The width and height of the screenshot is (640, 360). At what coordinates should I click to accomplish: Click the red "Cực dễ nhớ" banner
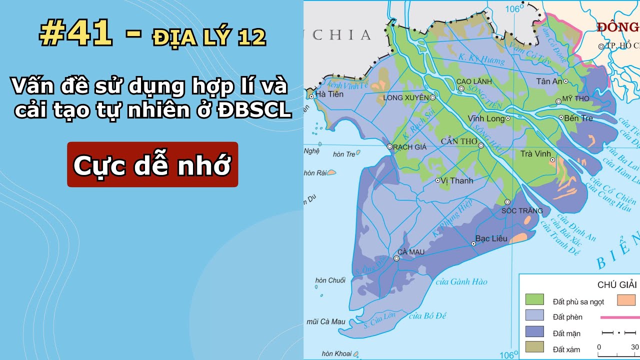[x=152, y=164]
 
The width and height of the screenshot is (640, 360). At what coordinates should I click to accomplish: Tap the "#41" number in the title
[x=75, y=34]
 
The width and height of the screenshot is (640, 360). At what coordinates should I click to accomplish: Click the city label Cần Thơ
[x=459, y=141]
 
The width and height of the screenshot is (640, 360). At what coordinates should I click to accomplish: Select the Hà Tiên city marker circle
[x=311, y=96]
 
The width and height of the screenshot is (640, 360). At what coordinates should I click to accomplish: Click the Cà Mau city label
[x=411, y=252]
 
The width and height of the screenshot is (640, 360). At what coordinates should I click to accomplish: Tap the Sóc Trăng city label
[x=522, y=210]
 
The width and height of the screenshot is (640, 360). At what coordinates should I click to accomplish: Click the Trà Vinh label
[x=533, y=153]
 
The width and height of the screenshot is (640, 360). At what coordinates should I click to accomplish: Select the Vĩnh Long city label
[x=485, y=119]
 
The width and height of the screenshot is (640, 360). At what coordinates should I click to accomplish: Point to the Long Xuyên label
[x=405, y=97]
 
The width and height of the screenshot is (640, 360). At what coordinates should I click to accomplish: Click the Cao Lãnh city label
[x=474, y=81]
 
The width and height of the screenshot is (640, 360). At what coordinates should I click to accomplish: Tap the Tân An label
[x=548, y=81]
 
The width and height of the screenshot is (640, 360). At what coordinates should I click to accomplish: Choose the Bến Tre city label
[x=578, y=118]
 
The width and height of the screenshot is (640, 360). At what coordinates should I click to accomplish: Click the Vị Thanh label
[x=457, y=180]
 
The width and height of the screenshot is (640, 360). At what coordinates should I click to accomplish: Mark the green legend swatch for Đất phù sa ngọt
[x=534, y=300]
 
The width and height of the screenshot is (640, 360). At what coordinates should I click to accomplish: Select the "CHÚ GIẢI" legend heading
[x=617, y=285]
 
